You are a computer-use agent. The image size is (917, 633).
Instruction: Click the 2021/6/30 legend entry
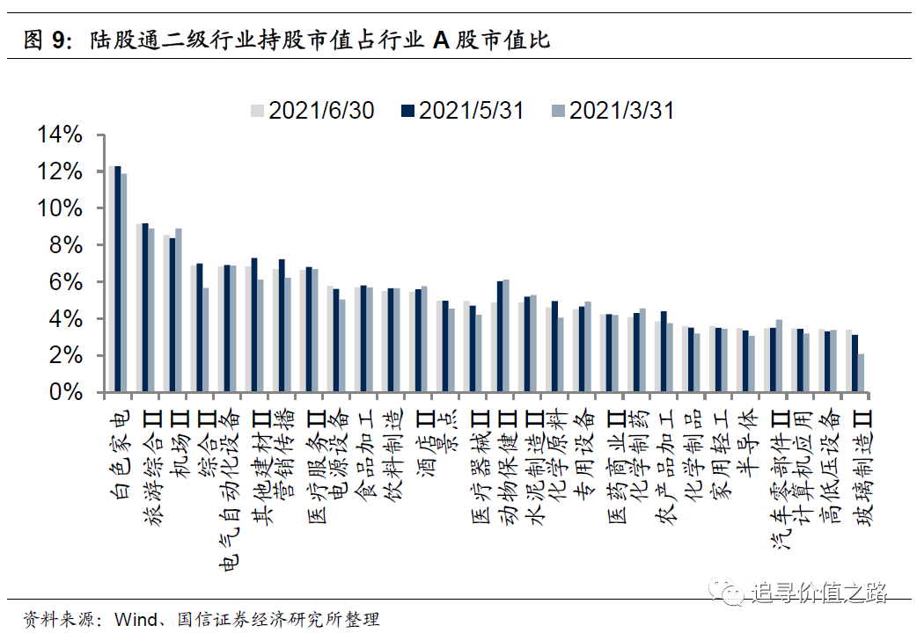[x=312, y=111]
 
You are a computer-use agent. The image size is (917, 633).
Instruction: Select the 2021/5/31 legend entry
[x=463, y=111]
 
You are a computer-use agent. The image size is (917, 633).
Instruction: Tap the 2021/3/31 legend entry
[x=613, y=111]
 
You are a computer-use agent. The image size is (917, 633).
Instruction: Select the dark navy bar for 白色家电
[x=117, y=279]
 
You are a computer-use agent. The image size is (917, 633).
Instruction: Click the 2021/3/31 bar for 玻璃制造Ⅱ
[x=861, y=373]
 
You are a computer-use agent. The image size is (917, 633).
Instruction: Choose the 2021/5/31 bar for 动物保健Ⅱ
[x=499, y=337]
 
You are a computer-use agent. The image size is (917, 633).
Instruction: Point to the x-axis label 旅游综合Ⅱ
[x=150, y=457]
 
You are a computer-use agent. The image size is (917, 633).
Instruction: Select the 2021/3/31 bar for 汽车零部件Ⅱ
[x=779, y=356]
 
